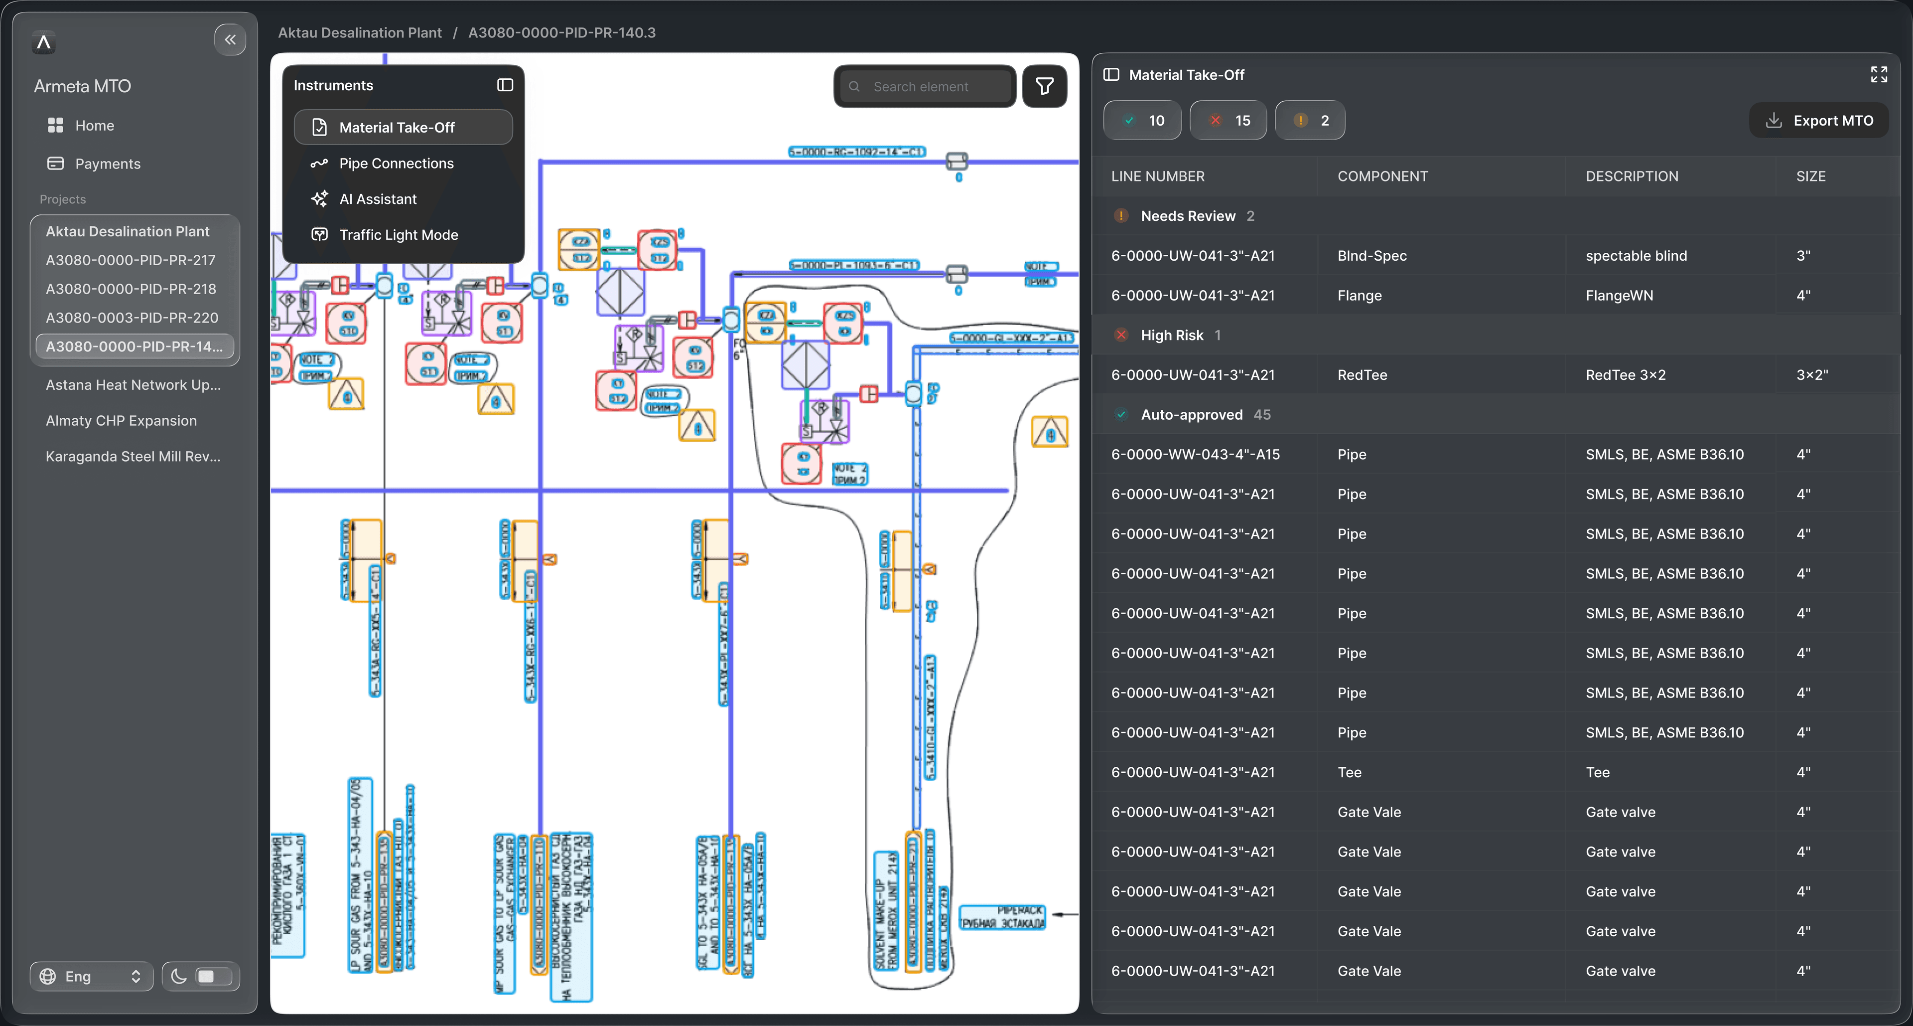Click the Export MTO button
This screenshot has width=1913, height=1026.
(1819, 120)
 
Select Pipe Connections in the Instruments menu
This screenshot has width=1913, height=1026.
(396, 164)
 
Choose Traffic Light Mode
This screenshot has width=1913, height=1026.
(398, 235)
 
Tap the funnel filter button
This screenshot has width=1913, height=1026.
(1044, 87)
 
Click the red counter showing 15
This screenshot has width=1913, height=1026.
(1229, 120)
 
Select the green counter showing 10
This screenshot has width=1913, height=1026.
(1142, 120)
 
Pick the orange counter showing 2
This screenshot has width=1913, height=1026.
(1310, 120)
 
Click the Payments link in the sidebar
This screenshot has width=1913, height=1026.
(107, 164)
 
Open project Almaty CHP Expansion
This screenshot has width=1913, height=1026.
(121, 420)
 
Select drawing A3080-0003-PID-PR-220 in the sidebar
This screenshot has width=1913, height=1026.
(132, 317)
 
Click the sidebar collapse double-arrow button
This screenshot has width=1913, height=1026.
(230, 39)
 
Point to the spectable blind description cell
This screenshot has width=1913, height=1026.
(1636, 256)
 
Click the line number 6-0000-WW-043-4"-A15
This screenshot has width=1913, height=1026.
(1195, 455)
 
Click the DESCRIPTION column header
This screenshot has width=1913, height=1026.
(1632, 176)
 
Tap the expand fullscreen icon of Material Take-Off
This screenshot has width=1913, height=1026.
(1878, 74)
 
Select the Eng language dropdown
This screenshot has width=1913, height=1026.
(91, 976)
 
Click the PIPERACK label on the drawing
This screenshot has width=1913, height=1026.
(1002, 917)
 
